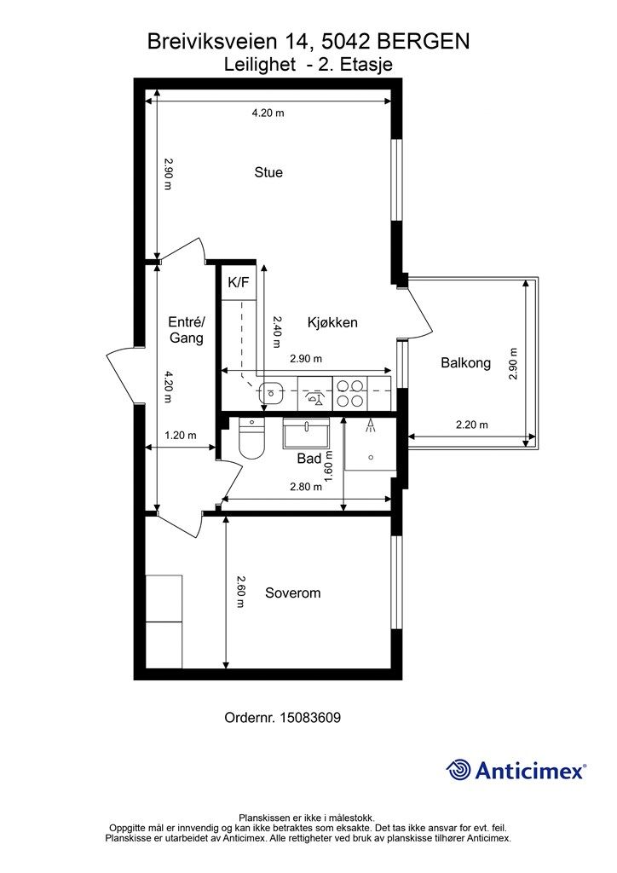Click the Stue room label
click(268, 172)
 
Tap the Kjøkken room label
click(332, 322)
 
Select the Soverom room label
click(292, 593)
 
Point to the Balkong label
click(465, 363)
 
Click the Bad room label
click(309, 459)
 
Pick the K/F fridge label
click(239, 282)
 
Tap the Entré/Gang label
click(187, 330)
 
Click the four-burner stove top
click(350, 392)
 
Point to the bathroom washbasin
click(307, 433)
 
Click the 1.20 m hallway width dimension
click(181, 436)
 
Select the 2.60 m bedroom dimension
click(240, 592)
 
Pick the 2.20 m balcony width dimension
click(472, 425)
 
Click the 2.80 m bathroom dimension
click(306, 487)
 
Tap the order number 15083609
click(310, 718)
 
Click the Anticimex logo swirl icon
click(458, 770)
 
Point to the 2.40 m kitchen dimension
click(276, 332)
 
